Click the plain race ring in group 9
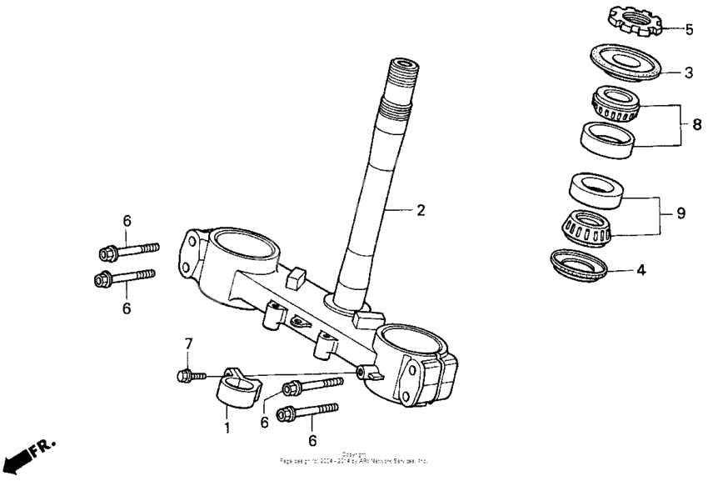coord(597,190)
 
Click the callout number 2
coord(421,210)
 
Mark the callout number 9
coord(681,213)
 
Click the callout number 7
coord(188,343)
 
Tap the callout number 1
coord(226,428)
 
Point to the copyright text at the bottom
coord(354,458)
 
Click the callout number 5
coord(689,30)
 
